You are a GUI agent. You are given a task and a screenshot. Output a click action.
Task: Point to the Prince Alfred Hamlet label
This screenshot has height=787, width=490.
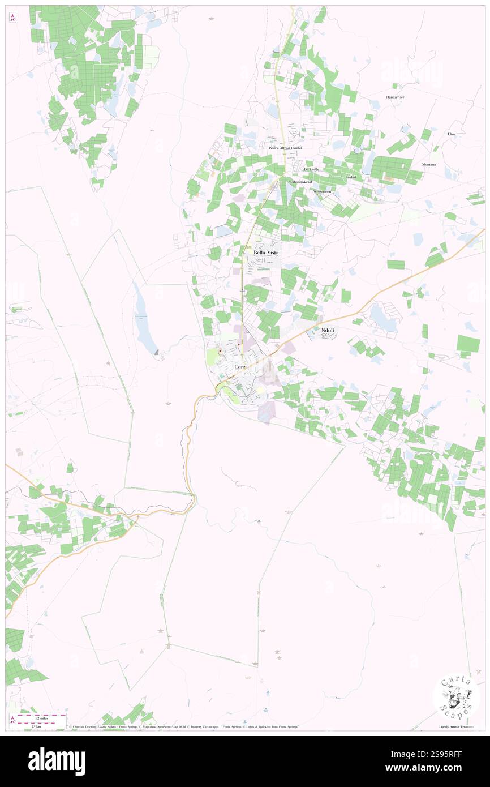click(285, 148)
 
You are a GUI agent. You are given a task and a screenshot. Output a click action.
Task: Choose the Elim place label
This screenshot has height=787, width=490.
click(451, 134)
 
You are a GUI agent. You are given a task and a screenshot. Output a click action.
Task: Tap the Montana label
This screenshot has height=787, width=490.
click(429, 165)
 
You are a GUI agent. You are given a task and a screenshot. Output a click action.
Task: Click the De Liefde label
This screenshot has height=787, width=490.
click(311, 169)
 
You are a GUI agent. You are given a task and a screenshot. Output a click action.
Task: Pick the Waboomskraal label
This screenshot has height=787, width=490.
click(299, 182)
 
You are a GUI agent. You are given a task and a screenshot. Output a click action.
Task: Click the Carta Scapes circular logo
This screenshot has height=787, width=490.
click(456, 696)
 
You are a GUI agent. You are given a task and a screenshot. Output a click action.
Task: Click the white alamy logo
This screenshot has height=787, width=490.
click(57, 761)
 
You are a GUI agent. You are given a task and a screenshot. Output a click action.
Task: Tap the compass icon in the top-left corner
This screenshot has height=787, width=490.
click(12, 18)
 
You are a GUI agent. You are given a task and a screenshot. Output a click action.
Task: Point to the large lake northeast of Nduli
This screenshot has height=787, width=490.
click(383, 319)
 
